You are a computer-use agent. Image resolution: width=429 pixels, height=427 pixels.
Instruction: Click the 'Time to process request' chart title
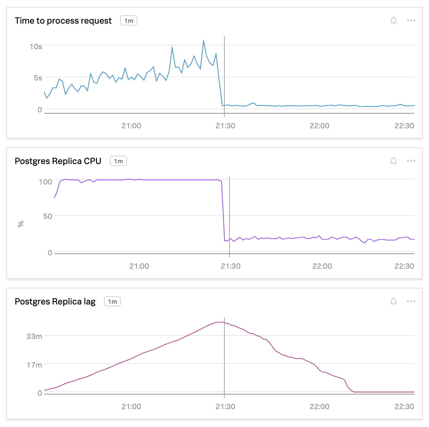(x=63, y=21)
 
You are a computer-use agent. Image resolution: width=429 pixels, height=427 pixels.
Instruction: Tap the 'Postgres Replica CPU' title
(x=58, y=161)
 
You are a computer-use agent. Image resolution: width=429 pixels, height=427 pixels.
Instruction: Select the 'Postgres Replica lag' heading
(x=55, y=302)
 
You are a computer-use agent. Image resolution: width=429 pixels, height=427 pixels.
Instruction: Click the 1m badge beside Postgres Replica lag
(x=112, y=302)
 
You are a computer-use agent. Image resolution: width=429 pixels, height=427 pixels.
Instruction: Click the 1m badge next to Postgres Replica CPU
(x=118, y=161)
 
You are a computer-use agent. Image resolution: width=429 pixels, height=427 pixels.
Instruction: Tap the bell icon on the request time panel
(x=394, y=21)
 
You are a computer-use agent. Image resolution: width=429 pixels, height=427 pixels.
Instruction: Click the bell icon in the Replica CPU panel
(x=394, y=161)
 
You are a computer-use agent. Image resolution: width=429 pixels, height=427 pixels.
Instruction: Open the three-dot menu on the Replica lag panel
(x=411, y=301)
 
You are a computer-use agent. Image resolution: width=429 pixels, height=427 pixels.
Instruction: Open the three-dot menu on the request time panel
(x=411, y=20)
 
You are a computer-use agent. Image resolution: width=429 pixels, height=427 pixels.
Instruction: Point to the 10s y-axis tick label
(x=36, y=47)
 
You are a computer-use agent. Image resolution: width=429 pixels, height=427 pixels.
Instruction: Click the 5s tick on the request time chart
(x=38, y=78)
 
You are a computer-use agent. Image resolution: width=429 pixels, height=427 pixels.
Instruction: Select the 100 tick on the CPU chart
(x=45, y=182)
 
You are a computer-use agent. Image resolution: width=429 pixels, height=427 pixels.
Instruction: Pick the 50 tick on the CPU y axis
(x=48, y=216)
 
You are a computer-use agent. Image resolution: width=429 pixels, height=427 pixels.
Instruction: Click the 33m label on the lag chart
(x=34, y=336)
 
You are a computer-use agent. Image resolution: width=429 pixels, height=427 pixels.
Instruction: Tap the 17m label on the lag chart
(x=34, y=365)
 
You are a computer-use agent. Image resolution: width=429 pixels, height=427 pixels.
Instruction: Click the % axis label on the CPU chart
(x=21, y=224)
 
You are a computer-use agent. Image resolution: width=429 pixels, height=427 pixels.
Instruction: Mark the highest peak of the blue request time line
(x=203, y=41)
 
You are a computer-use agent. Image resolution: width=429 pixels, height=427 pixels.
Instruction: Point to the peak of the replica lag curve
(x=222, y=322)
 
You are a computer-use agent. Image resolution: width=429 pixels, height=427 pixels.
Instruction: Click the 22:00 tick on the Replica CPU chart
(x=322, y=266)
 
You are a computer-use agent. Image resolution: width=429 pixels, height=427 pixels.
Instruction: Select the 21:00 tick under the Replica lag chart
(x=131, y=407)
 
